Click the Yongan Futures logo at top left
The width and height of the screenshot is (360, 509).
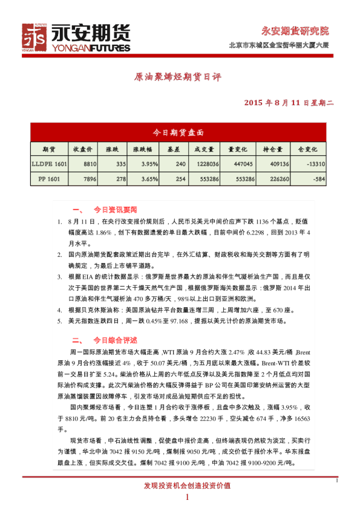tap(76, 37)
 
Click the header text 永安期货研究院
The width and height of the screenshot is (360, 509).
tap(295, 31)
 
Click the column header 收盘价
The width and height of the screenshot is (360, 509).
tap(83, 149)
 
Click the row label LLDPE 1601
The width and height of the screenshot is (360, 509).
tap(49, 164)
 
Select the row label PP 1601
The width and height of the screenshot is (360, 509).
tap(49, 179)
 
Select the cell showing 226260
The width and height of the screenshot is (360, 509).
tap(278, 179)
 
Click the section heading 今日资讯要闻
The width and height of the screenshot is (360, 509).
tap(115, 210)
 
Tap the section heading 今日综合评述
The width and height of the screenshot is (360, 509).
tap(115, 340)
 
